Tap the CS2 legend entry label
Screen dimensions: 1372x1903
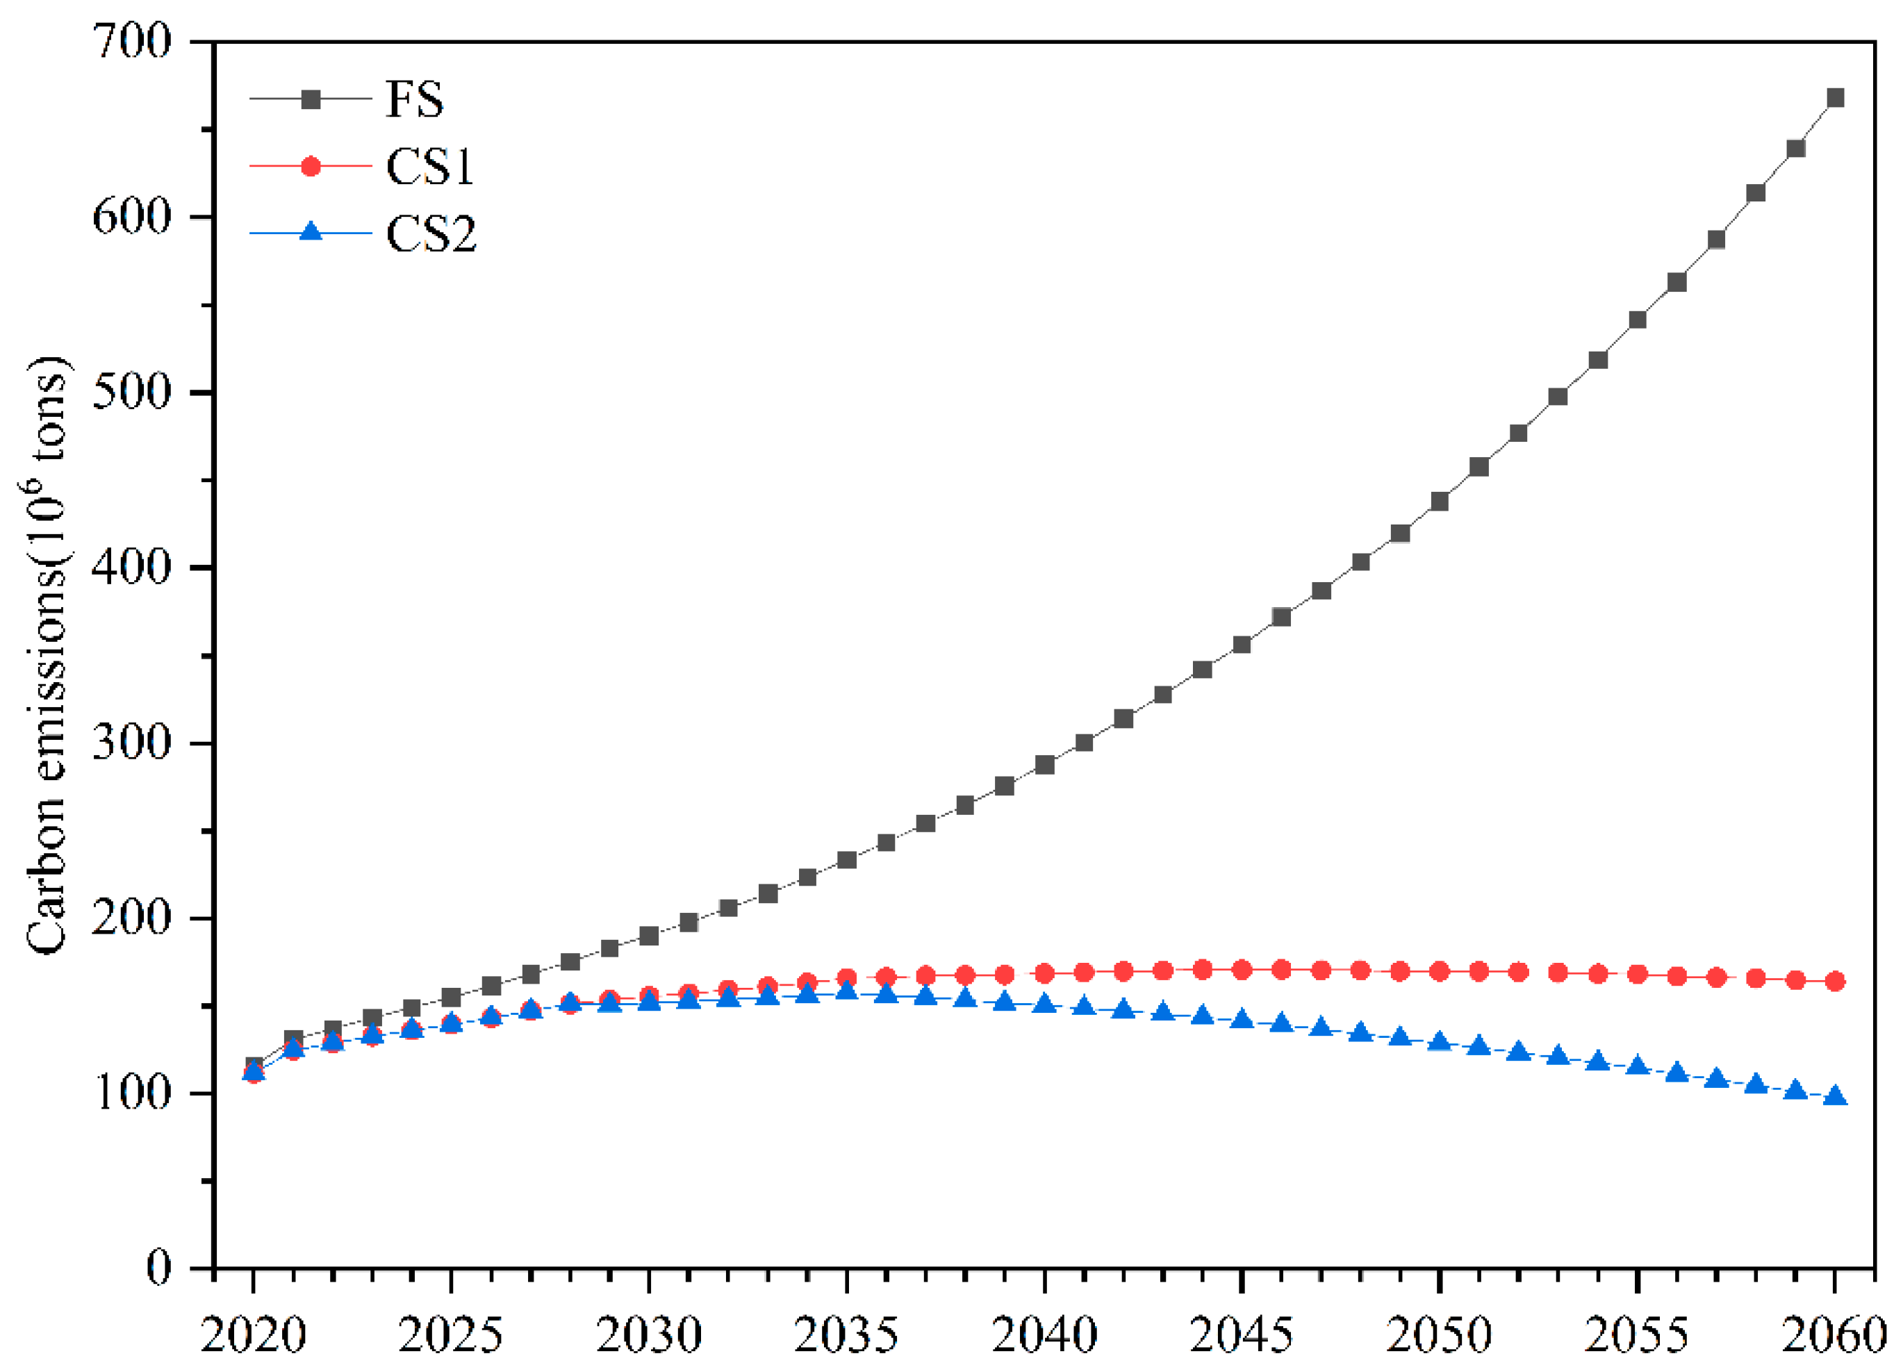click(431, 233)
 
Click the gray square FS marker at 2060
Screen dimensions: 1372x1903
click(1835, 98)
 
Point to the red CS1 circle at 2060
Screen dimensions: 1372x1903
click(1835, 981)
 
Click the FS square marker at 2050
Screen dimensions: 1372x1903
click(1440, 502)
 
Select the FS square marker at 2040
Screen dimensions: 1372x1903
click(1045, 764)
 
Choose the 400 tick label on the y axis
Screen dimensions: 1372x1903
click(133, 568)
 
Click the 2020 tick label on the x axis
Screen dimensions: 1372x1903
click(254, 1334)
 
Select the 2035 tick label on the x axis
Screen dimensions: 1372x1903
click(847, 1334)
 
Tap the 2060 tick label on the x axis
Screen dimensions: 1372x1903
click(1835, 1334)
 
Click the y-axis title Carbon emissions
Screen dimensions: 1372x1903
click(48, 654)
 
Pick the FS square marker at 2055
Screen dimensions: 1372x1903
click(1637, 320)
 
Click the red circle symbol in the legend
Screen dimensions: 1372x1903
click(311, 166)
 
